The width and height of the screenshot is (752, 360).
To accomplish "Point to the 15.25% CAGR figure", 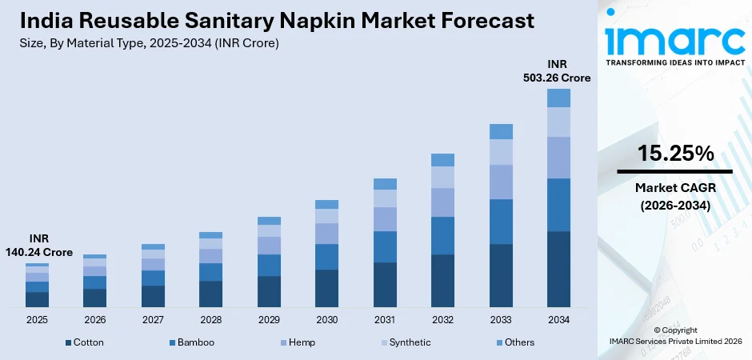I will [x=675, y=154].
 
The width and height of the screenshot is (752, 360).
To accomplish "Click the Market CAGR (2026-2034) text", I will [x=675, y=196].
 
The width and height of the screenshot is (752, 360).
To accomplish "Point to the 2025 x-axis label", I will [x=37, y=319].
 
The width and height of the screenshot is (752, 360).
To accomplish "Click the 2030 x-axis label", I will [x=326, y=319].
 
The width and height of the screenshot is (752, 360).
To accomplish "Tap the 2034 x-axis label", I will [x=558, y=319].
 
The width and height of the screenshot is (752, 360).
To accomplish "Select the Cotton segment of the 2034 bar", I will [x=558, y=269].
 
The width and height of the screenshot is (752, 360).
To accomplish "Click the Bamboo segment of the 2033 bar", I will [x=501, y=222].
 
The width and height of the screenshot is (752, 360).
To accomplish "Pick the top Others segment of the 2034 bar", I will [x=558, y=98].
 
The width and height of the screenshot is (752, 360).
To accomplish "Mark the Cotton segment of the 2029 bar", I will [x=269, y=291].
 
